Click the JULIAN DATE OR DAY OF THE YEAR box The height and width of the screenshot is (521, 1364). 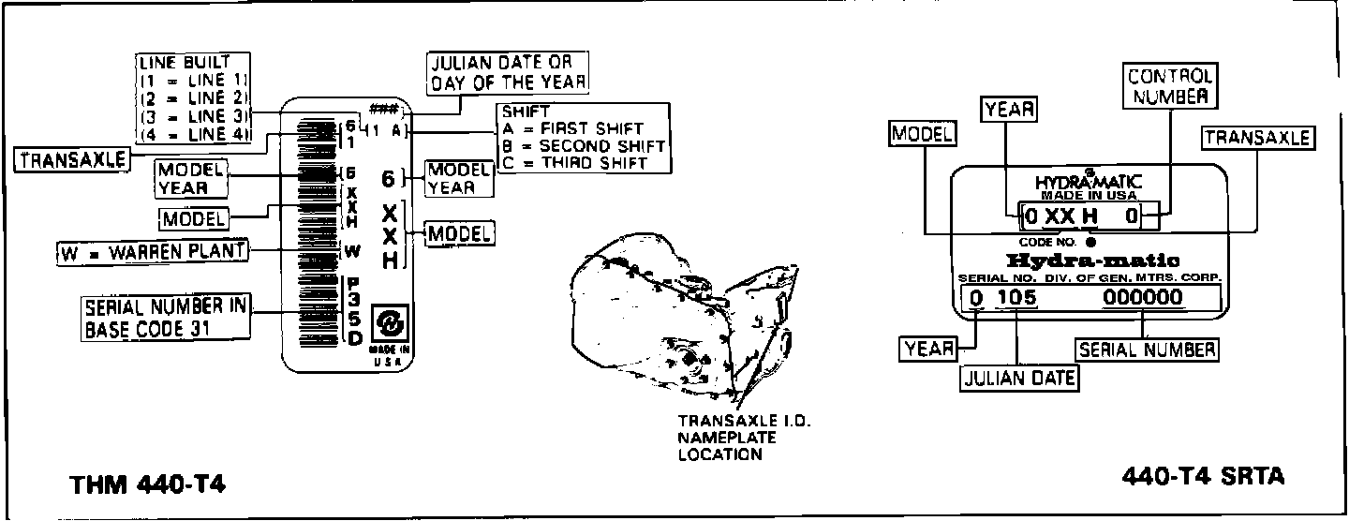tap(509, 72)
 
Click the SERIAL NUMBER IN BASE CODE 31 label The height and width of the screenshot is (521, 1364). tap(166, 318)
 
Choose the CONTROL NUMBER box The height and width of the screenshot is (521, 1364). tap(1169, 85)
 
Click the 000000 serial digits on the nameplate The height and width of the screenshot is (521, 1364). tap(1142, 298)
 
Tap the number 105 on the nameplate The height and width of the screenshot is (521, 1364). tap(1016, 298)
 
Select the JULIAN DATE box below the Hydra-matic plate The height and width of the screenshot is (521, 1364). tap(1019, 378)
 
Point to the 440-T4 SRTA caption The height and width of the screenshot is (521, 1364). tap(1203, 477)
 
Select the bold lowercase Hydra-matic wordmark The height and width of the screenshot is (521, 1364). tap(1091, 260)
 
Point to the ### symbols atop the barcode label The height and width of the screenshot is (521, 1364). tap(380, 109)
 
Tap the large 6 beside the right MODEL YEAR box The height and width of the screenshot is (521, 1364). tap(389, 178)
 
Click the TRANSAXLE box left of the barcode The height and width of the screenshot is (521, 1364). tap(72, 160)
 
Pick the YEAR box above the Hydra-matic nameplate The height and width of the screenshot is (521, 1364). tap(1009, 110)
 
